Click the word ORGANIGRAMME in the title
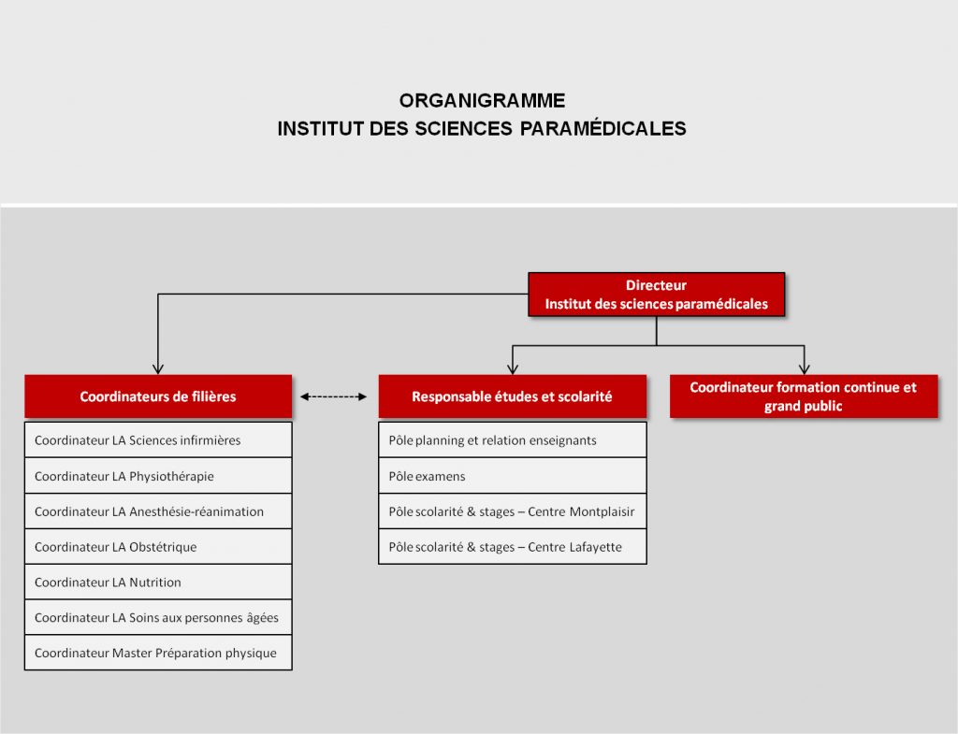(482, 100)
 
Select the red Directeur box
(656, 295)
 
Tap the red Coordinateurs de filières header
(158, 396)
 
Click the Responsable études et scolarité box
(512, 396)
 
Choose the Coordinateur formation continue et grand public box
(804, 396)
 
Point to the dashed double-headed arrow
(334, 396)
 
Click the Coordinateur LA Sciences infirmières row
(158, 440)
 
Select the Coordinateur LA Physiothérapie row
(158, 476)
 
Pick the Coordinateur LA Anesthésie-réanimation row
(158, 511)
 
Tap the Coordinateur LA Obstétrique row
(158, 547)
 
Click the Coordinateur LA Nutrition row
(158, 583)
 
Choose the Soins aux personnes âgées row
(158, 618)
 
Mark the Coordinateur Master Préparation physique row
(158, 654)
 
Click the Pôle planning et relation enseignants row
(512, 440)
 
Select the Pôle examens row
(512, 476)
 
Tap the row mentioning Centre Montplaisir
(512, 511)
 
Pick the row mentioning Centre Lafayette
(512, 547)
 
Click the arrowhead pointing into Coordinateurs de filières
(158, 368)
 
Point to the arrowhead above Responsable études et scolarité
(512, 368)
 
